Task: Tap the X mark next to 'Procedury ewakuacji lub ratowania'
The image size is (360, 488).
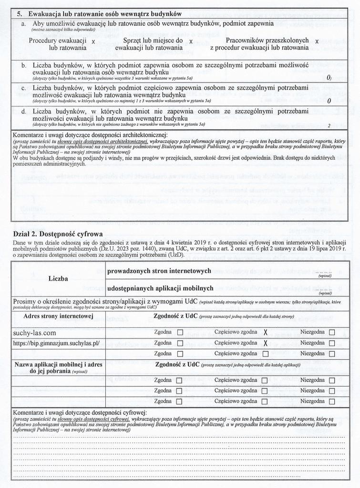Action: [x=93, y=42]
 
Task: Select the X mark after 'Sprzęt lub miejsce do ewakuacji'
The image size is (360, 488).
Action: [x=191, y=42]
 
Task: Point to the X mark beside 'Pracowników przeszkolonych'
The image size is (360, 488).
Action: [x=317, y=41]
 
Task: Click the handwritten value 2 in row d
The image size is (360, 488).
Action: [x=329, y=126]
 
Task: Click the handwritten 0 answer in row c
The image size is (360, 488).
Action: [x=329, y=101]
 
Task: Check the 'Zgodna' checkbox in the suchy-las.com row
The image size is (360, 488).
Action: [x=180, y=332]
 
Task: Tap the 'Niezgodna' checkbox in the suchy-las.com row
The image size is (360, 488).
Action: [x=332, y=332]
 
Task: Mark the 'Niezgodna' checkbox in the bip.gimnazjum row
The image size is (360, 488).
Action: [x=332, y=343]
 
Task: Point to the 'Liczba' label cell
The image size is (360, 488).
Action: [x=58, y=278]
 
